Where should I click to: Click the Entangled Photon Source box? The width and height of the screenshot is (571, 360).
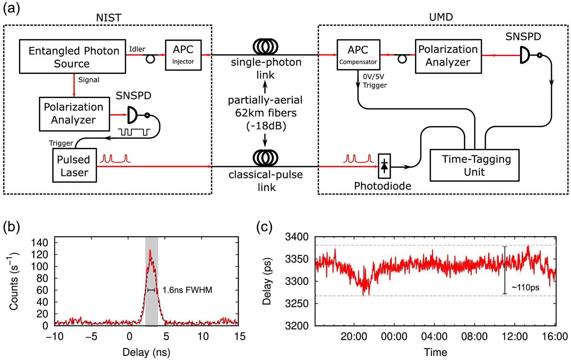point(72,56)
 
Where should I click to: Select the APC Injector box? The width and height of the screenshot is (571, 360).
point(183,55)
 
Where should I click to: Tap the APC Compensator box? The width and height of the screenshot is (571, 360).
point(358,55)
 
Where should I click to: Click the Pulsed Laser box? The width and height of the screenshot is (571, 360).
point(75,165)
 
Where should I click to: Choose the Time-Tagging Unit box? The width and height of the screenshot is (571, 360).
point(474,165)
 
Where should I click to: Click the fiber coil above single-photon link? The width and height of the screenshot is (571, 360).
point(266,47)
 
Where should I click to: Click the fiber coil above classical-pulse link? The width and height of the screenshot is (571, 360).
point(266,158)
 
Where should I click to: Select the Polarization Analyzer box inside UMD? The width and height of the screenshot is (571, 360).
point(448,56)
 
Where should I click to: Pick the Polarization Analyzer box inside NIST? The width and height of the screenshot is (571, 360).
point(75,114)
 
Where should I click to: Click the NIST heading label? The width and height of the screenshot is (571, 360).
point(108,18)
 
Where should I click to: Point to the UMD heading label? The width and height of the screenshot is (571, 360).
point(441,17)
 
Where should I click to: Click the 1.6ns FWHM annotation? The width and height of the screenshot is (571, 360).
point(187,290)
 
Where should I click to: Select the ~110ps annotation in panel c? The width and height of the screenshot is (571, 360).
point(525,287)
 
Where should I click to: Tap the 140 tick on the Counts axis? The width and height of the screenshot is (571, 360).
point(40,243)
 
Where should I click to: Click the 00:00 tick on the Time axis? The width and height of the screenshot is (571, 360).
point(394,336)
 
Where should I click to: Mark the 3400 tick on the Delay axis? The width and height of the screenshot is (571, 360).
point(297,237)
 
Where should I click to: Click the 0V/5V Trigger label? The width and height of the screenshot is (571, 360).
point(375,81)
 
